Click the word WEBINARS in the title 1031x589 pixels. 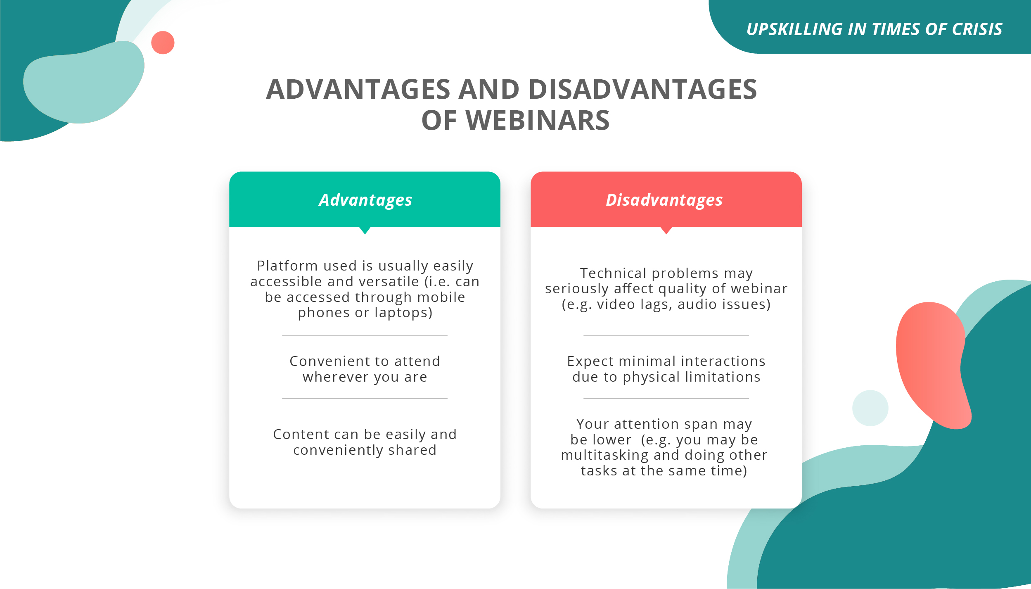coord(538,120)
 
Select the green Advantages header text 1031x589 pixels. coord(365,200)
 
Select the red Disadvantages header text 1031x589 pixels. coord(664,200)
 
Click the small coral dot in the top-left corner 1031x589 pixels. coord(163,43)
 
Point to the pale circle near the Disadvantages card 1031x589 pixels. coord(870,408)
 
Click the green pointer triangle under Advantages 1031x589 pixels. coord(365,230)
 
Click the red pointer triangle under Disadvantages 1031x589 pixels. coord(666,230)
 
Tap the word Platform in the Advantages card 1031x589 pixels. coord(287,266)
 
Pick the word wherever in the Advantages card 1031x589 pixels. coord(336,377)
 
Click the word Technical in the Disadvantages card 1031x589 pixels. coord(613,273)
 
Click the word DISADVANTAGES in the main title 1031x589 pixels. coord(643,89)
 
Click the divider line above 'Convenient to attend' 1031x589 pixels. coord(365,336)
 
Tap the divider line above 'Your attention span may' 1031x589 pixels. coord(666,399)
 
